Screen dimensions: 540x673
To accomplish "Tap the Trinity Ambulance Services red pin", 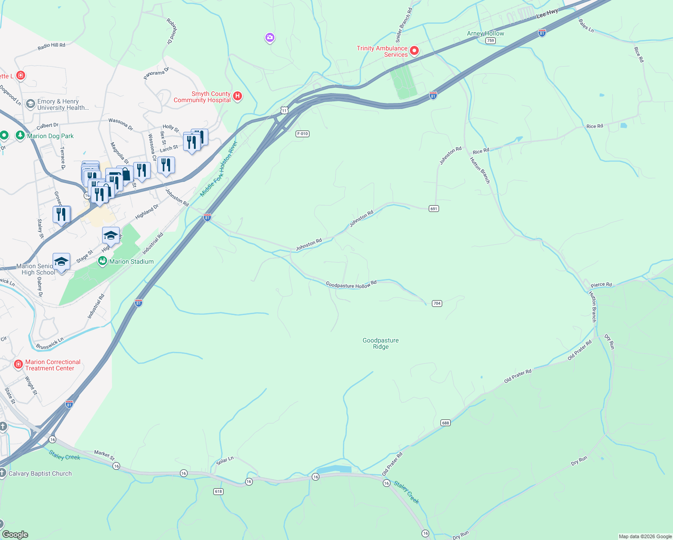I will pyautogui.click(x=414, y=51).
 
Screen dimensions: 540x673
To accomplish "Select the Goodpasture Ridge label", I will pyautogui.click(x=381, y=344).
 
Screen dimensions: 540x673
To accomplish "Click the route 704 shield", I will pyautogui.click(x=437, y=303).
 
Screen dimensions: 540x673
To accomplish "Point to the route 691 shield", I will pyautogui.click(x=434, y=209).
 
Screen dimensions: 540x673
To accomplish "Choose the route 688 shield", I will pyautogui.click(x=445, y=423).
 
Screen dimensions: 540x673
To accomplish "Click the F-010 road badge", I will pyautogui.click(x=302, y=134).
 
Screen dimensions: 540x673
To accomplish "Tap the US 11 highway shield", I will pyautogui.click(x=284, y=110).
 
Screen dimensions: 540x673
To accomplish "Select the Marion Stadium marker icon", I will pyautogui.click(x=103, y=261).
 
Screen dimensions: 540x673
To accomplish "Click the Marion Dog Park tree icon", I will pyautogui.click(x=20, y=135).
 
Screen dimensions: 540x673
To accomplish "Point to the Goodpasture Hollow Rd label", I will pyautogui.click(x=351, y=285).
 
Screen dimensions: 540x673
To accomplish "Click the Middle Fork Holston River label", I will pyautogui.click(x=219, y=169).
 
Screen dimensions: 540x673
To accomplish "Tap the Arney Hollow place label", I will pyautogui.click(x=485, y=33).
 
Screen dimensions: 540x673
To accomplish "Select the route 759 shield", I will pyautogui.click(x=490, y=40).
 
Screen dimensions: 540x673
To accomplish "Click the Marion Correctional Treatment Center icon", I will pyautogui.click(x=18, y=364).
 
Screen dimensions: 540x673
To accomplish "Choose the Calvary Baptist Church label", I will pyautogui.click(x=40, y=473).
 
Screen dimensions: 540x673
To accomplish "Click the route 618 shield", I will pyautogui.click(x=219, y=491).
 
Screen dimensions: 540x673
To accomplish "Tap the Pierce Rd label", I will pyautogui.click(x=601, y=285).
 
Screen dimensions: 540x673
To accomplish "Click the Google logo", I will pyautogui.click(x=15, y=534).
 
